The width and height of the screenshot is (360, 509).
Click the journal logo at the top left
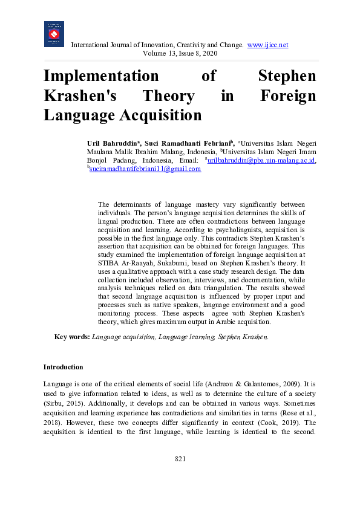coord(54,34)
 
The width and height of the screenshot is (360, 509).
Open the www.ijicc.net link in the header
coord(267,45)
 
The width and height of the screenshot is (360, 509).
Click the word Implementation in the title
coord(100,77)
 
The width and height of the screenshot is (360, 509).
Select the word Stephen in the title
coord(287,77)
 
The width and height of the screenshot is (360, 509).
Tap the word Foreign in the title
coord(287,96)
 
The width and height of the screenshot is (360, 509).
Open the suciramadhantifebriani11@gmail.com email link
coord(145,169)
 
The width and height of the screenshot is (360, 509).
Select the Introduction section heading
coord(63,367)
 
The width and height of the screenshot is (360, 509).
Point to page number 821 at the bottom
coord(180,476)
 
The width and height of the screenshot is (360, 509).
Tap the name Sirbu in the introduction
coord(53,403)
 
